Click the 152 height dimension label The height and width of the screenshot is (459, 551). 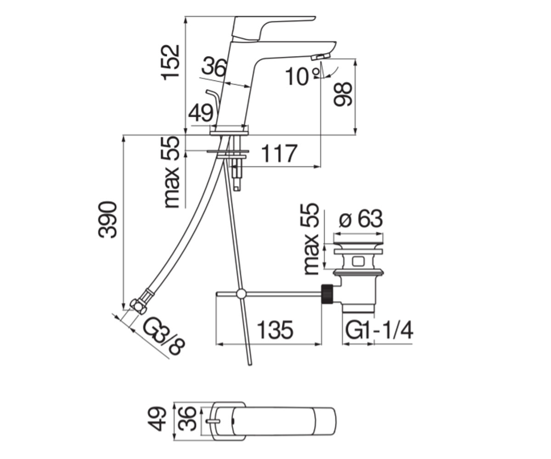click(x=170, y=62)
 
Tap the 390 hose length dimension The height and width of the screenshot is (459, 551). click(x=107, y=220)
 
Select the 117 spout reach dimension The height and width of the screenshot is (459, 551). click(x=279, y=153)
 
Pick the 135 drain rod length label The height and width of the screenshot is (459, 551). click(x=275, y=330)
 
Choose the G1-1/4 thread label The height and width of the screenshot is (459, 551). click(x=379, y=330)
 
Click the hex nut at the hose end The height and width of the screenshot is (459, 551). click(x=138, y=307)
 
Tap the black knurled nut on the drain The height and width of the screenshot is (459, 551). click(x=327, y=295)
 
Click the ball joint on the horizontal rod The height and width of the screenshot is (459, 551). click(x=241, y=294)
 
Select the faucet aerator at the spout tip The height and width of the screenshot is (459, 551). click(x=320, y=57)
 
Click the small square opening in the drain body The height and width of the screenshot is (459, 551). click(x=358, y=262)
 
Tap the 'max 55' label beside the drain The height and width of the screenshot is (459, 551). click(x=312, y=239)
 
